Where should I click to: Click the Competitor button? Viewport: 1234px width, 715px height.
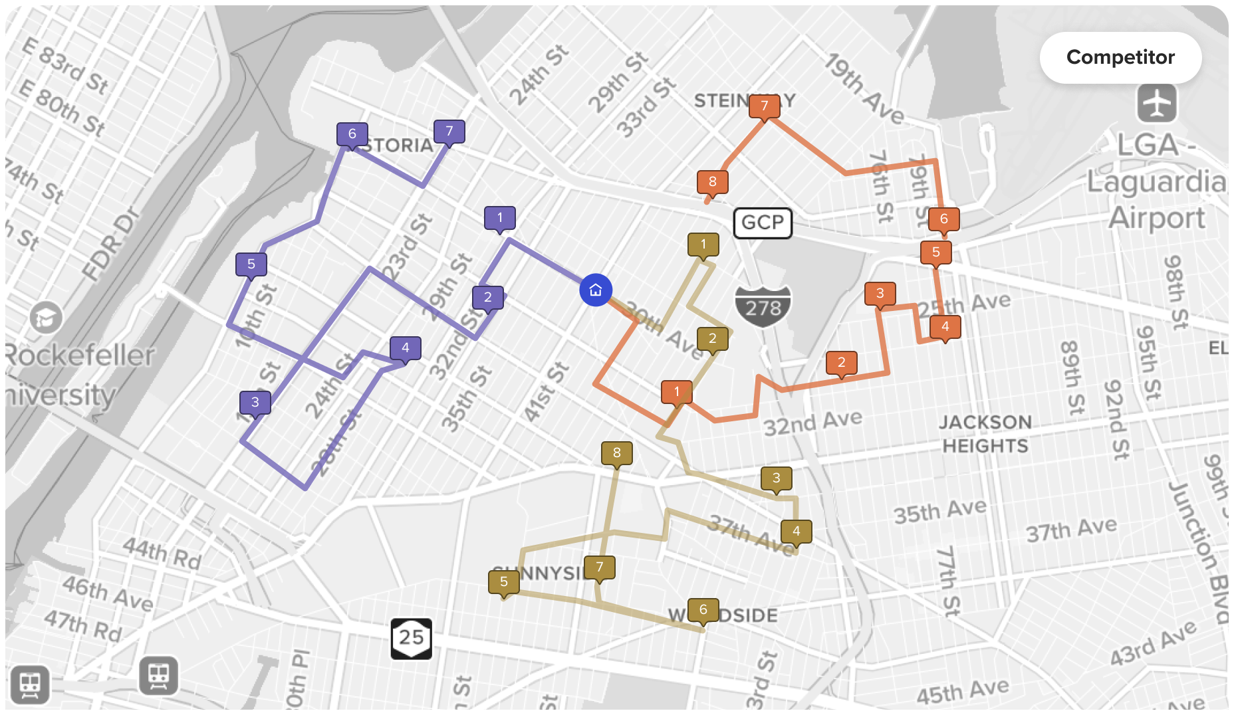coord(1120,57)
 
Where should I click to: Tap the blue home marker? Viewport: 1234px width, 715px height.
coord(596,290)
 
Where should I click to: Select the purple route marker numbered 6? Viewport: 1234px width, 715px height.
coord(352,134)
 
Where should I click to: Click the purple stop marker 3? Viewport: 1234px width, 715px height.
coord(255,402)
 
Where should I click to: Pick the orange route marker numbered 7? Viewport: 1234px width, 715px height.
coord(765,106)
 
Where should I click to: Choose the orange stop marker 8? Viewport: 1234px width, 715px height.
coord(713,181)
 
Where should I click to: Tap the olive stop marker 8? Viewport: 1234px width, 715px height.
coord(617,453)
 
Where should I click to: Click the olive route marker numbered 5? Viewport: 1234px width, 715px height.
coord(504,581)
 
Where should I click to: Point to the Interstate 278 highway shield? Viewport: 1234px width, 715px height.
coord(763,306)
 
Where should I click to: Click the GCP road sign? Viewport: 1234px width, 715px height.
coord(763,223)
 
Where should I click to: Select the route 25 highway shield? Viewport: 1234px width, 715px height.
coord(411,638)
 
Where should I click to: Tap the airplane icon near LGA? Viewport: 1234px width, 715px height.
coord(1157,103)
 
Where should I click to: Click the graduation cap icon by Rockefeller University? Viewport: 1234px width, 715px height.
coord(46,318)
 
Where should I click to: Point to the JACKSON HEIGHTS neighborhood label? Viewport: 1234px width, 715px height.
coord(985,434)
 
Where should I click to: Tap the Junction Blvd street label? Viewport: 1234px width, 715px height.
coord(1199,552)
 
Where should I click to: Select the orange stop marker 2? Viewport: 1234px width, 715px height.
coord(842,362)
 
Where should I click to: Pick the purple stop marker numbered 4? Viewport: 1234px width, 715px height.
coord(406,348)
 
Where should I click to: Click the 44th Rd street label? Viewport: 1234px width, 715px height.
coord(162,554)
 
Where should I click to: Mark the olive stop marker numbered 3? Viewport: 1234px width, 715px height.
coord(777,478)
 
